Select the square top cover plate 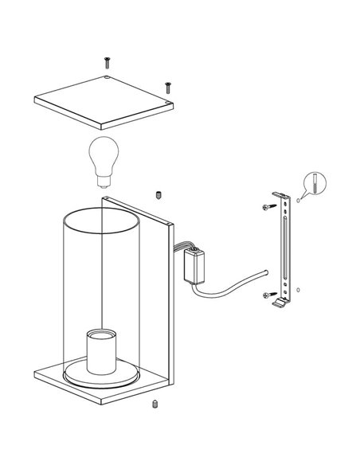104,104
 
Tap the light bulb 104,156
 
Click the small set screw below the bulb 159,194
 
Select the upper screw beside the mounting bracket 266,207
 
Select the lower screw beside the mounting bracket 266,295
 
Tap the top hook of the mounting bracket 280,195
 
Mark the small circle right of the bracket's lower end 298,287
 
